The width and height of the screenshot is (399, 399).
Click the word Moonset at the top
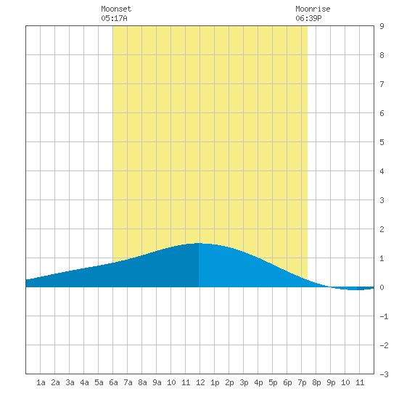(116, 9)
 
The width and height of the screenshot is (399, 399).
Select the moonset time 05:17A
(114, 18)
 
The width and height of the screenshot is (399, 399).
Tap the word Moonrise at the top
(313, 9)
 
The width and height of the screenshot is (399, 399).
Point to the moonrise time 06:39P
(308, 18)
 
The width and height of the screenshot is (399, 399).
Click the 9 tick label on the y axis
(382, 26)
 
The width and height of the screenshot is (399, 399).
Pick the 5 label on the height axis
(382, 142)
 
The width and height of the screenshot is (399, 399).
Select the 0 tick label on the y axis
(382, 287)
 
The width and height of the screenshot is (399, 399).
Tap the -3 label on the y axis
(384, 374)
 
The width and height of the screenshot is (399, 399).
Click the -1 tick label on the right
(384, 316)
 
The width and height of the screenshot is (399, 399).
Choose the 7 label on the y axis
(382, 84)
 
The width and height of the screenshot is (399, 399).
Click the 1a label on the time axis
(41, 382)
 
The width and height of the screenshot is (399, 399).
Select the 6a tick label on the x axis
(113, 382)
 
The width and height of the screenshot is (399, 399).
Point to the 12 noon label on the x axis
(200, 382)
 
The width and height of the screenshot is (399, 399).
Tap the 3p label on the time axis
(244, 382)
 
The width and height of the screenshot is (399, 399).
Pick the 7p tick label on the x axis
(302, 382)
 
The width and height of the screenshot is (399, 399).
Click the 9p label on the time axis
(331, 382)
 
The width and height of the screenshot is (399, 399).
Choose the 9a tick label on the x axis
(157, 382)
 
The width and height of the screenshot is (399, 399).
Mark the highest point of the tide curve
(199, 243)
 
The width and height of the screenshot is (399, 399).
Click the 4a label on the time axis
(84, 382)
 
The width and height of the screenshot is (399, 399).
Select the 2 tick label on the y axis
(382, 229)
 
